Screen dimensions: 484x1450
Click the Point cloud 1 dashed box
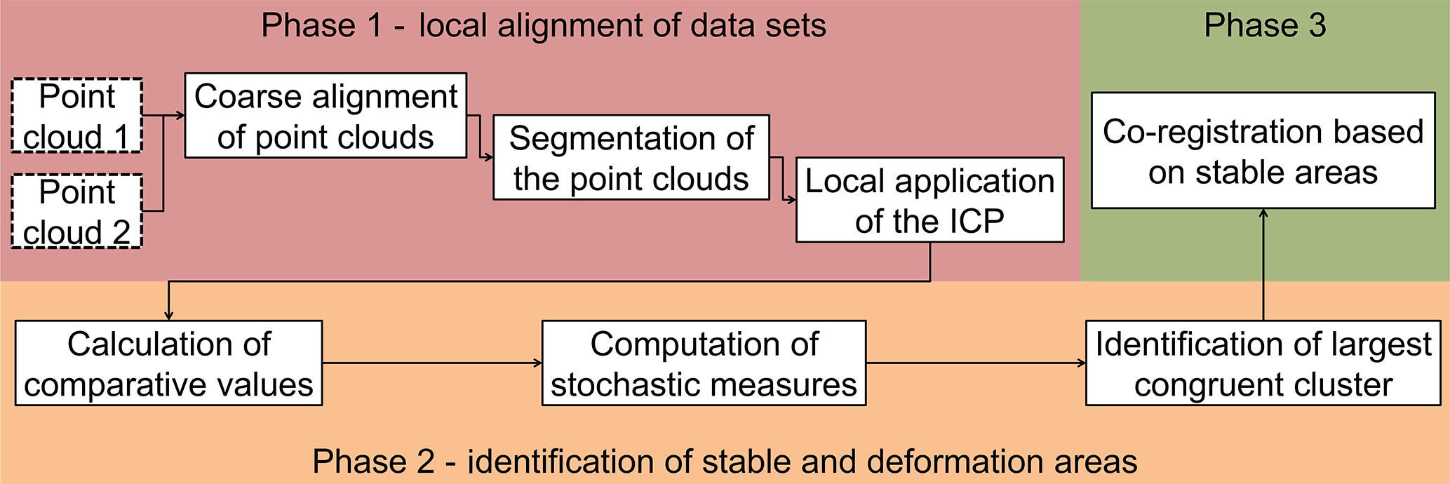[x=77, y=116]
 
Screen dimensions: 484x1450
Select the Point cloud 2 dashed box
[x=77, y=211]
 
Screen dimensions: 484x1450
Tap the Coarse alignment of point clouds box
[x=325, y=116]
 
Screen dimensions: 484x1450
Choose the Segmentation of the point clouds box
[x=631, y=158]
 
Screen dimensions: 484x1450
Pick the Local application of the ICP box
[x=929, y=200]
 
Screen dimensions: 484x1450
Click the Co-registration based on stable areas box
[x=1263, y=151]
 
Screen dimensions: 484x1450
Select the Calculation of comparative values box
[x=168, y=363]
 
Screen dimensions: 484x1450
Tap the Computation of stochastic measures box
[x=704, y=363]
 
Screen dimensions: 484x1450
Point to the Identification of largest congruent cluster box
[x=1263, y=363]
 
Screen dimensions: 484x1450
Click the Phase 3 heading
[x=1265, y=26]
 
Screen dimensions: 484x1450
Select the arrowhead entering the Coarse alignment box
[x=180, y=116]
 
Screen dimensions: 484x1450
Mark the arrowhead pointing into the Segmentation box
[x=489, y=158]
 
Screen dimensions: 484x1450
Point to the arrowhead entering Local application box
[x=791, y=200]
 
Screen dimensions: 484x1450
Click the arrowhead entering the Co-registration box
[x=1263, y=213]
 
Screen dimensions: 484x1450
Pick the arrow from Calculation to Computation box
[x=431, y=363]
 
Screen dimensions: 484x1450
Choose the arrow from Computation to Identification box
[x=975, y=363]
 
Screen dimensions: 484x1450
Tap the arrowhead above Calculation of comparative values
[x=168, y=316]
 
